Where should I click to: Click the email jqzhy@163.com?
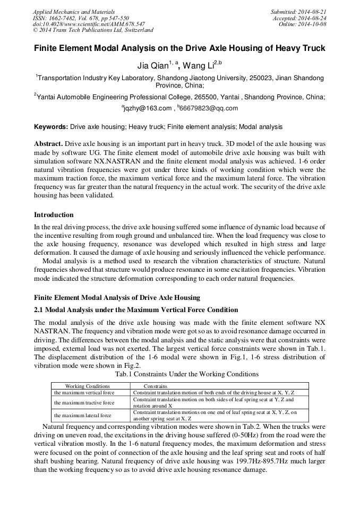(x=148, y=108)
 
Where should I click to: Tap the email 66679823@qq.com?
(x=209, y=108)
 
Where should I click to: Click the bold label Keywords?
(x=51, y=127)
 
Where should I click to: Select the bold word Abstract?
(x=48, y=144)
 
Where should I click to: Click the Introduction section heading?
(x=54, y=215)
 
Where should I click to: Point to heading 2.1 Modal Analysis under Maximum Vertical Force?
(x=136, y=310)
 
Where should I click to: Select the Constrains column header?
(x=156, y=386)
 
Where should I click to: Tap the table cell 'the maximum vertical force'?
(x=84, y=393)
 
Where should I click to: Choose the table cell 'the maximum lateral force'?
(x=82, y=415)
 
